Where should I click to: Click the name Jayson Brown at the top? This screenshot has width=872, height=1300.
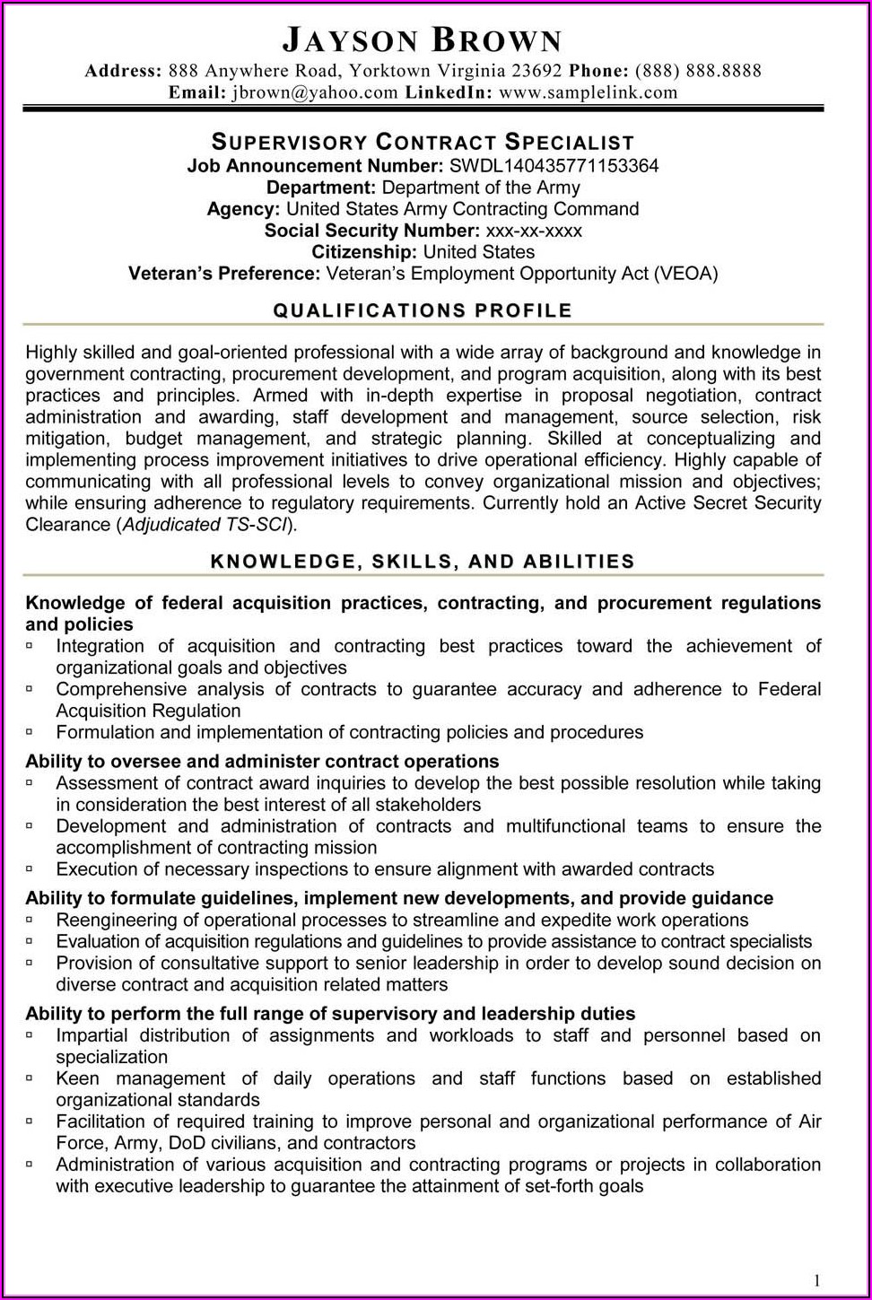tap(423, 40)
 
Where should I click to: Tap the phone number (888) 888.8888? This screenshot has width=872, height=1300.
tap(698, 71)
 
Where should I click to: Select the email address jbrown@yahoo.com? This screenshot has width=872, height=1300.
tap(314, 92)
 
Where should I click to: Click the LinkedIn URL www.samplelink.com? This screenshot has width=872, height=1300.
tap(589, 92)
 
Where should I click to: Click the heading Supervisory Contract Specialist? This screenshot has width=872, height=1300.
tap(423, 142)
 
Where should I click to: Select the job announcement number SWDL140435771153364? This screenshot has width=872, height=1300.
tap(554, 165)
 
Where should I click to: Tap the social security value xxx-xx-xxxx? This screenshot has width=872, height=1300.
tap(534, 231)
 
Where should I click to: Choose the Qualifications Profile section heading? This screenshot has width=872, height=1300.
tap(423, 310)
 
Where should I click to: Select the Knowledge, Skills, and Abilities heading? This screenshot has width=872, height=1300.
tap(423, 562)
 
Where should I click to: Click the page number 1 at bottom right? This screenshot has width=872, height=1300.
tap(816, 1280)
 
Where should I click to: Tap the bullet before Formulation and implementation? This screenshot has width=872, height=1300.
tap(30, 731)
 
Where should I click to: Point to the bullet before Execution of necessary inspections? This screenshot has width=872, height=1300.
tap(30, 868)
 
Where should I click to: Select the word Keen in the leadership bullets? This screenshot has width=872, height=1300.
tap(77, 1078)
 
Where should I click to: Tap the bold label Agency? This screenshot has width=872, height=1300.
tap(243, 209)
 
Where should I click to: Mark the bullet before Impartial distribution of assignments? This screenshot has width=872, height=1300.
tap(30, 1034)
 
